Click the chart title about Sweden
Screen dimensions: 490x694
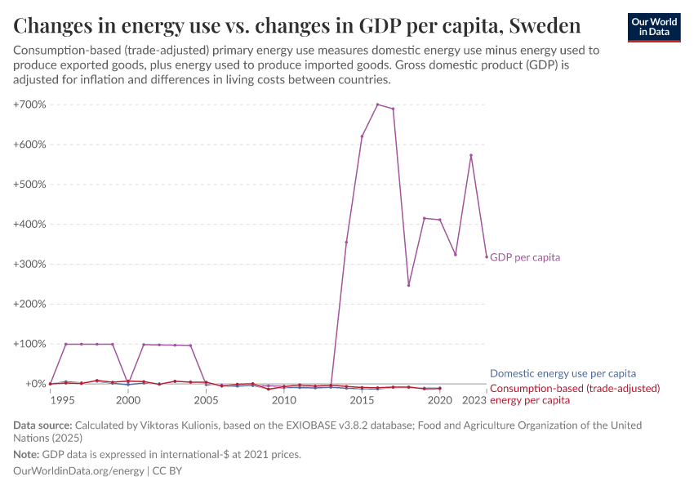[297, 25]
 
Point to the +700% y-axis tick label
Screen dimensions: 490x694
[29, 105]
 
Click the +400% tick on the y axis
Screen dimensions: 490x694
[29, 224]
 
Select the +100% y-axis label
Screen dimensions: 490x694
[29, 344]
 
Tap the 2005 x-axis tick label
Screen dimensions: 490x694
[206, 401]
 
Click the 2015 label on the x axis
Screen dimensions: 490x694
[362, 401]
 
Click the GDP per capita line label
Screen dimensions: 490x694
[525, 257]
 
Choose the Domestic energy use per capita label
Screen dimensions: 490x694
[563, 373]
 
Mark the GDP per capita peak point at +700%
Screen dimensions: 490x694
[377, 105]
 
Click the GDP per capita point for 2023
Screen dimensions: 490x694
[487, 257]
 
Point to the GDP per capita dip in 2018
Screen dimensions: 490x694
[408, 285]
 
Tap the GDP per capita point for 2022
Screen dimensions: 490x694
[471, 155]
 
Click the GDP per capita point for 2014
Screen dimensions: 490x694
[346, 242]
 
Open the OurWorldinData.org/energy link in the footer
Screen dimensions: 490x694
[79, 471]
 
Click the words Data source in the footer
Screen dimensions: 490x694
[42, 425]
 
